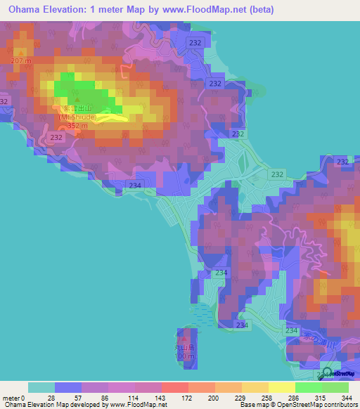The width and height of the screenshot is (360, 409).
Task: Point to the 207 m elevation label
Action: [x=21, y=62]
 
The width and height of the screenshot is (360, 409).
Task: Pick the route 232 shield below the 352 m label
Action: [x=57, y=138]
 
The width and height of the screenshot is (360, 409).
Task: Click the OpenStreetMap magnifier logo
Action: [x=327, y=372]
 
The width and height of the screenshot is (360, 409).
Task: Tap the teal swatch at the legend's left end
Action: [x=41, y=387]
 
